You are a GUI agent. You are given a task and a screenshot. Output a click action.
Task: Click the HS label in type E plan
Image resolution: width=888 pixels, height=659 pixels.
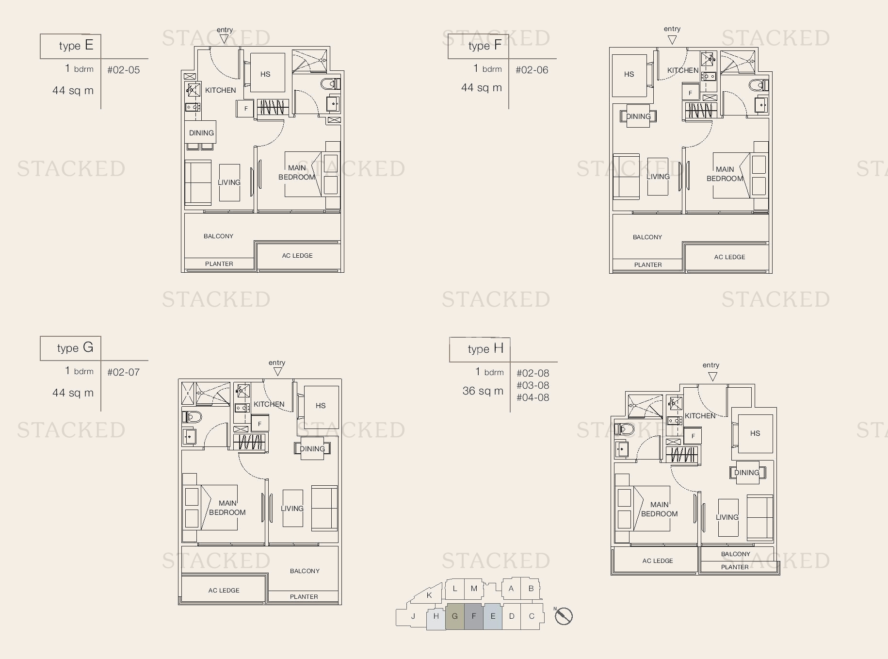point(265,74)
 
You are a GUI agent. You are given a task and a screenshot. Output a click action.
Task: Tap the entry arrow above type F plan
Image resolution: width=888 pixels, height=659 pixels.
point(672,40)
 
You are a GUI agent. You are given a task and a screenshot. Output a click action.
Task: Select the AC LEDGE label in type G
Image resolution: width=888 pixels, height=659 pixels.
point(224,591)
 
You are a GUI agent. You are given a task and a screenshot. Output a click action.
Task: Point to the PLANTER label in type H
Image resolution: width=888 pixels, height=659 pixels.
point(735,567)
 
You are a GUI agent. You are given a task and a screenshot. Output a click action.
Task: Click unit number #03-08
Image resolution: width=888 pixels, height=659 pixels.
point(533,385)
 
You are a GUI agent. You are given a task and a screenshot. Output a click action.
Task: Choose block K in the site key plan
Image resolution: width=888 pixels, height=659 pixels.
point(429,595)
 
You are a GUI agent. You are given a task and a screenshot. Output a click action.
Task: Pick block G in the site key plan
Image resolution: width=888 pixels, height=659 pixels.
point(455,616)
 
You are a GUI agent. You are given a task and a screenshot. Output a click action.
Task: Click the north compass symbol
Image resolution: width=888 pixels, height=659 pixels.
point(564,616)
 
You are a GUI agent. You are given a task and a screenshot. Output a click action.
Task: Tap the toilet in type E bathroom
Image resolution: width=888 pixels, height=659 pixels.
point(330,84)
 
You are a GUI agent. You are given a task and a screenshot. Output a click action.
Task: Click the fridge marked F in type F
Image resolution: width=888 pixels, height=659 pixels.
point(691,92)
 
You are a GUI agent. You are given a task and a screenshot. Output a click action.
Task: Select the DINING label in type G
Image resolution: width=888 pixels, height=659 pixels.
point(312,449)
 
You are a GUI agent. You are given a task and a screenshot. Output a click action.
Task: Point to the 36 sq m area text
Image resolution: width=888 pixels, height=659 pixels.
point(483,391)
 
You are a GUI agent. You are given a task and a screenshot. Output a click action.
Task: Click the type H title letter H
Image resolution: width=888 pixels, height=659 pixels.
point(499,348)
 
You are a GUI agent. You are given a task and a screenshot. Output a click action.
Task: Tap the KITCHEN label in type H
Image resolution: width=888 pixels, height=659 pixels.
point(700,416)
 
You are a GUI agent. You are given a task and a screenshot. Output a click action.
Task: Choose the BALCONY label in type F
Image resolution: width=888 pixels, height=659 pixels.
point(647,237)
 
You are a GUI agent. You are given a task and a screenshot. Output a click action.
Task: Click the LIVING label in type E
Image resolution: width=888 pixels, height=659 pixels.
point(229,182)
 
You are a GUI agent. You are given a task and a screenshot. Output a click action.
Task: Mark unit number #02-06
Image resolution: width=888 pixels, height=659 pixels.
point(532,70)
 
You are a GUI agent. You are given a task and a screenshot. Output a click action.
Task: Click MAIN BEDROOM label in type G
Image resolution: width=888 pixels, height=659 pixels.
point(227,508)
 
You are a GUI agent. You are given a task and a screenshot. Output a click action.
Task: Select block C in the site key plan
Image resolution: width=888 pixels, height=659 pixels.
point(532,616)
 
